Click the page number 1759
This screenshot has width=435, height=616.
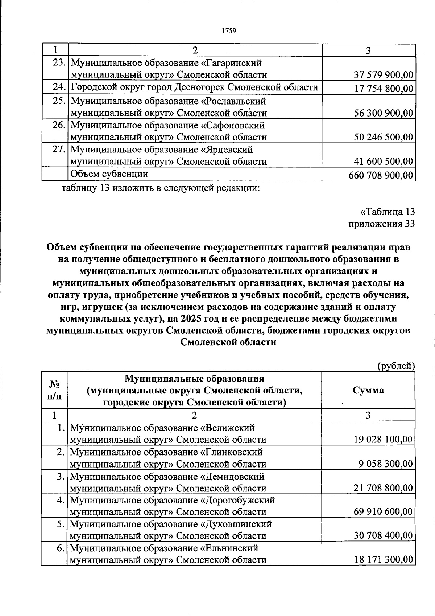pyautogui.click(x=229, y=31)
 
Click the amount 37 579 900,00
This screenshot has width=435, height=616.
pyautogui.click(x=383, y=75)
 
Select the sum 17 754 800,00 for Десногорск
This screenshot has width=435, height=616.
pyautogui.click(x=383, y=89)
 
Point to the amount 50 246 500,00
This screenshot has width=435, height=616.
pyautogui.click(x=383, y=138)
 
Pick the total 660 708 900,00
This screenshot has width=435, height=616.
pyautogui.click(x=381, y=176)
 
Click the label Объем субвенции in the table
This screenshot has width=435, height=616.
pyautogui.click(x=109, y=174)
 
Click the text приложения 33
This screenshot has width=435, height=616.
pyautogui.click(x=381, y=224)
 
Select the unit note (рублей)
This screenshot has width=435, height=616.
pyautogui.click(x=396, y=366)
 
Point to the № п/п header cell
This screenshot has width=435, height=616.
pyautogui.click(x=54, y=390)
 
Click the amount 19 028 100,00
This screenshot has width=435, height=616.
pyautogui.click(x=383, y=440)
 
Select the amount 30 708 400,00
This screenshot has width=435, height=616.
pyautogui.click(x=383, y=536)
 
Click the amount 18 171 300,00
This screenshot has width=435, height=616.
pyautogui.click(x=383, y=560)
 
